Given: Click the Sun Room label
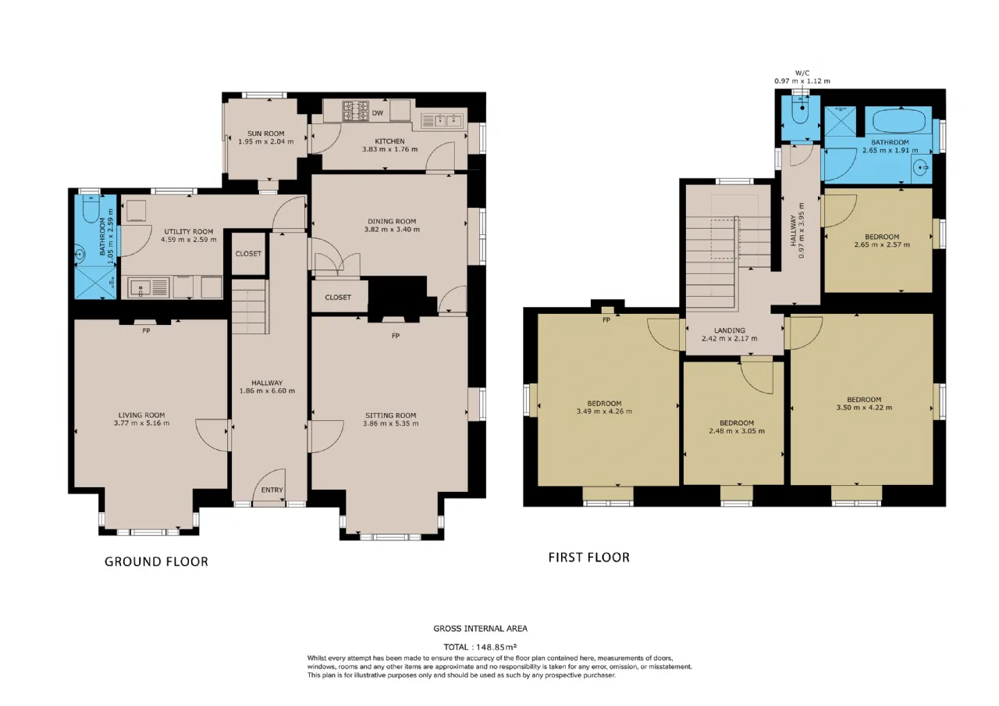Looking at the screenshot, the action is tap(266, 134).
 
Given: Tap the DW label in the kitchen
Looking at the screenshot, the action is tap(378, 113).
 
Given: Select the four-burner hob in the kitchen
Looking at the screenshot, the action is tap(355, 111).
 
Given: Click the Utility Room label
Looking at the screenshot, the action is tap(189, 232).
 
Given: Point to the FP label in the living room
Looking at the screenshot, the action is tap(146, 330).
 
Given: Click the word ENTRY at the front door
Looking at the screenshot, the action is tap(272, 490).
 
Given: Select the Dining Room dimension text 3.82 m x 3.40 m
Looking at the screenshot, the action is tap(392, 230).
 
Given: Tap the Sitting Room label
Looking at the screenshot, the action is tap(391, 415).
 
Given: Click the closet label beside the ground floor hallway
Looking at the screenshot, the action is tap(248, 254).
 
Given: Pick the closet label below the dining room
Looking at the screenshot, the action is tap(338, 298).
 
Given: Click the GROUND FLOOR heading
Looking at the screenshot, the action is tap(157, 562).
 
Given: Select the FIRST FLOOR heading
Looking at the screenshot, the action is tap(589, 558).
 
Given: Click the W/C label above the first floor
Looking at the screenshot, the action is tap(802, 73).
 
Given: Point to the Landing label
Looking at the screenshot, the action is tap(730, 330).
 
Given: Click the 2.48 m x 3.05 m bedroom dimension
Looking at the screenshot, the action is tap(737, 431).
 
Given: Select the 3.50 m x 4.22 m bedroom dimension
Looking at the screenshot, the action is tap(864, 408).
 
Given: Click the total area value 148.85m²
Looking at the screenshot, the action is tap(496, 647).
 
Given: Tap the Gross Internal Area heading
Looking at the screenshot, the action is tap(480, 629).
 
